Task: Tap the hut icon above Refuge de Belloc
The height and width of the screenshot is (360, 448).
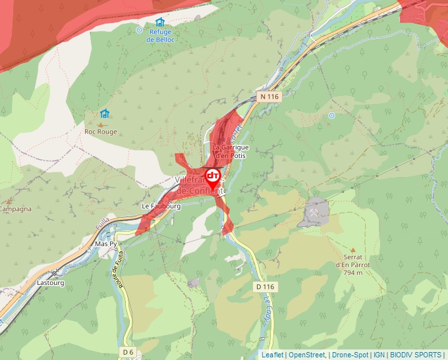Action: (x=160, y=22)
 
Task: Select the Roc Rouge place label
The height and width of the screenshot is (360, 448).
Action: (x=101, y=132)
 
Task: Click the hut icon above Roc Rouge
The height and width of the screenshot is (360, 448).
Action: (x=104, y=114)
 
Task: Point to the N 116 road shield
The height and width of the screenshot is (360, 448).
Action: (x=269, y=97)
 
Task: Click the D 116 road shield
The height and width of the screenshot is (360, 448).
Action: (x=265, y=287)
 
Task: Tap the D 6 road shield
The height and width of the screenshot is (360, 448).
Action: (x=128, y=353)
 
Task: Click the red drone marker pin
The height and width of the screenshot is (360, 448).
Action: (x=213, y=177)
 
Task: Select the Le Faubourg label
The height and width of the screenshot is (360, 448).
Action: (x=161, y=206)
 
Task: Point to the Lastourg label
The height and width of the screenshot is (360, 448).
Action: (x=51, y=284)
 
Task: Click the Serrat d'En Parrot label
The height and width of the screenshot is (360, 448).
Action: (x=353, y=261)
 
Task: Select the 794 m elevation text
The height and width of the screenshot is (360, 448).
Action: (x=357, y=272)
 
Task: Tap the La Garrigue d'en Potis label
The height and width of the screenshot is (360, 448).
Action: (x=231, y=151)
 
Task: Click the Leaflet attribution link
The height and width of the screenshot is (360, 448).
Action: (x=272, y=355)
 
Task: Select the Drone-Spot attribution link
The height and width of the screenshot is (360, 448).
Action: (x=350, y=355)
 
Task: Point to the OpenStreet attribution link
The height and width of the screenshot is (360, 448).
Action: (x=307, y=355)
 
